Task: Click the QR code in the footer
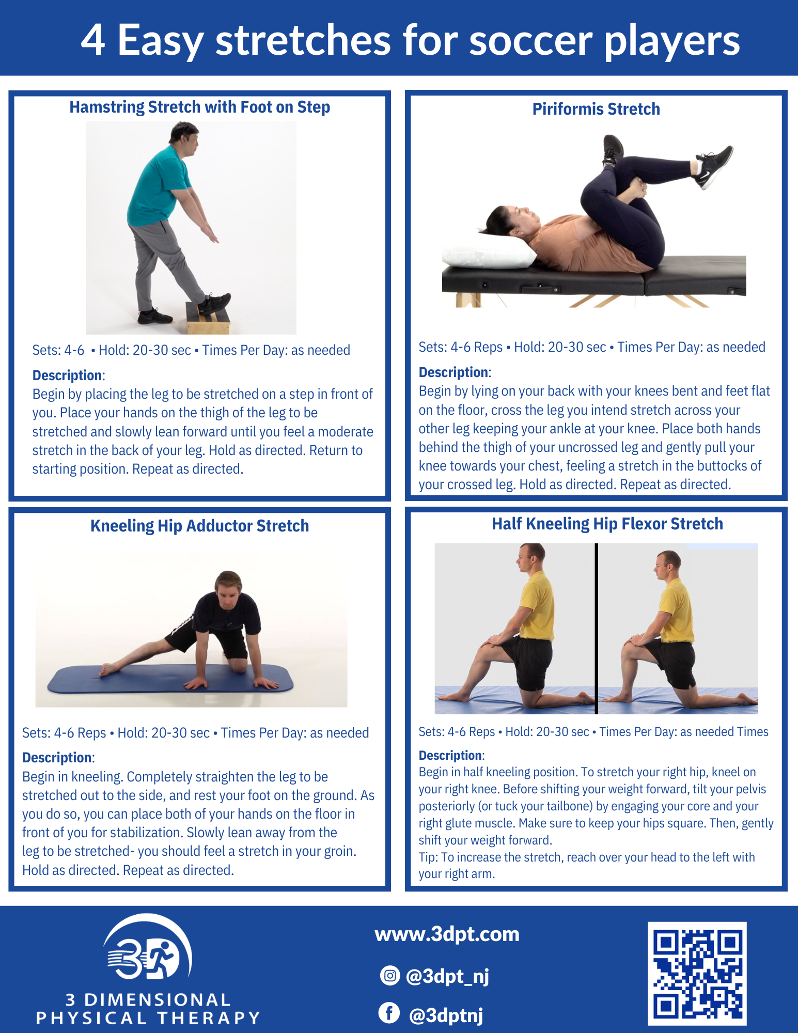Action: point(697,973)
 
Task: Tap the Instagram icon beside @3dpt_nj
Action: point(389,976)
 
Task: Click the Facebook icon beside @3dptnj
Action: point(389,1013)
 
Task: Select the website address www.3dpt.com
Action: point(447,934)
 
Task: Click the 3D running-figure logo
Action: point(147,950)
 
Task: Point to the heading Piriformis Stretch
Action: point(596,109)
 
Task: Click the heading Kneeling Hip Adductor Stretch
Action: point(199,526)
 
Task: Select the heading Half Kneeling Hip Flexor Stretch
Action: point(607,524)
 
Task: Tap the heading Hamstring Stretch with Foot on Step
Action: point(199,107)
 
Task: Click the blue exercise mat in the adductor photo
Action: point(170,679)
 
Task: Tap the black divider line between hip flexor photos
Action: point(597,628)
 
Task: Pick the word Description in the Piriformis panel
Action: point(453,372)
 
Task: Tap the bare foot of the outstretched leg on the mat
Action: point(108,669)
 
